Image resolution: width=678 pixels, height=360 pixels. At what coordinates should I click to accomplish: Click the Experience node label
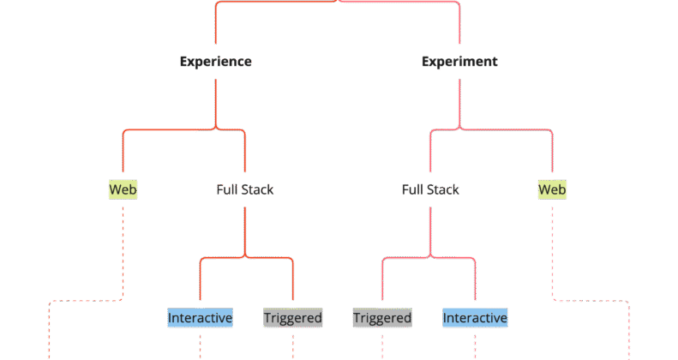(x=215, y=62)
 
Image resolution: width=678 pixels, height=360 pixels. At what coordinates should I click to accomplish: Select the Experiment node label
(x=459, y=62)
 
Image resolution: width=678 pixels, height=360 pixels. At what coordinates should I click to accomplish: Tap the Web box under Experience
(x=123, y=189)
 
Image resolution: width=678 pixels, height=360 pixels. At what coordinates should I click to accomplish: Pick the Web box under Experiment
(x=552, y=189)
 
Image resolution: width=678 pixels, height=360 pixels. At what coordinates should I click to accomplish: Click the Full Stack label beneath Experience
(x=245, y=189)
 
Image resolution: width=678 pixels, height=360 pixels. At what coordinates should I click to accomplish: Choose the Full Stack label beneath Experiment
(x=430, y=189)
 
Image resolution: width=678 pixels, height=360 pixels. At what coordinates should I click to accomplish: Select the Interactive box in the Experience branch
(x=201, y=318)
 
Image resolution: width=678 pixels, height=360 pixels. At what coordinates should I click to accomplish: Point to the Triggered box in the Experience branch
(x=292, y=318)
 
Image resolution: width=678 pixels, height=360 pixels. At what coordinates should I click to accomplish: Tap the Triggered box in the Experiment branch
(x=382, y=318)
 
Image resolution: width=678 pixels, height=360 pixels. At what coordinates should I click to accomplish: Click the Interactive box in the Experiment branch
(x=475, y=318)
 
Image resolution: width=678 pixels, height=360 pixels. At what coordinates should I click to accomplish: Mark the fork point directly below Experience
(x=215, y=129)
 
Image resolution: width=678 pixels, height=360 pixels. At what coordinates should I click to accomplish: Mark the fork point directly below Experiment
(x=459, y=129)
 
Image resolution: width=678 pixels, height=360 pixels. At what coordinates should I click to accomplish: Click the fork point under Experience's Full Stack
(x=246, y=256)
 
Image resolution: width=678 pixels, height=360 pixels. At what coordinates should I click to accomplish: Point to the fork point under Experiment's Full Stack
(x=429, y=256)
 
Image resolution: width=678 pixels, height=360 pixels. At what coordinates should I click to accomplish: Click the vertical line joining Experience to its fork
(x=215, y=99)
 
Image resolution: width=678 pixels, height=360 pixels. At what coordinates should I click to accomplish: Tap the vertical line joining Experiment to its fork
(x=459, y=99)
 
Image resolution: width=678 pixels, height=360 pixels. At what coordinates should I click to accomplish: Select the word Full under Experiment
(x=413, y=189)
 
